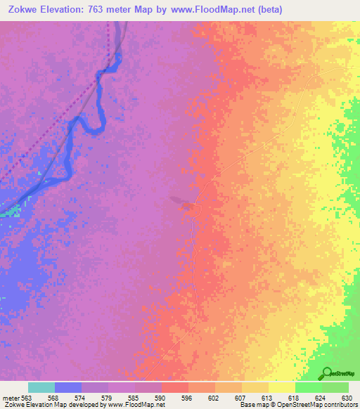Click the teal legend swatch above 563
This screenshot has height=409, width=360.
click(41, 387)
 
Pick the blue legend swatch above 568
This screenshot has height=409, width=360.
click(67, 387)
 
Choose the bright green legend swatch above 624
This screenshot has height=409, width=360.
click(308, 387)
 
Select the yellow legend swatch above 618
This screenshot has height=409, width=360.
click(281, 387)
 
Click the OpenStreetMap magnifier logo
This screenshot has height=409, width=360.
click(328, 373)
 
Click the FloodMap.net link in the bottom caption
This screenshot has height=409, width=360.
click(137, 405)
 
